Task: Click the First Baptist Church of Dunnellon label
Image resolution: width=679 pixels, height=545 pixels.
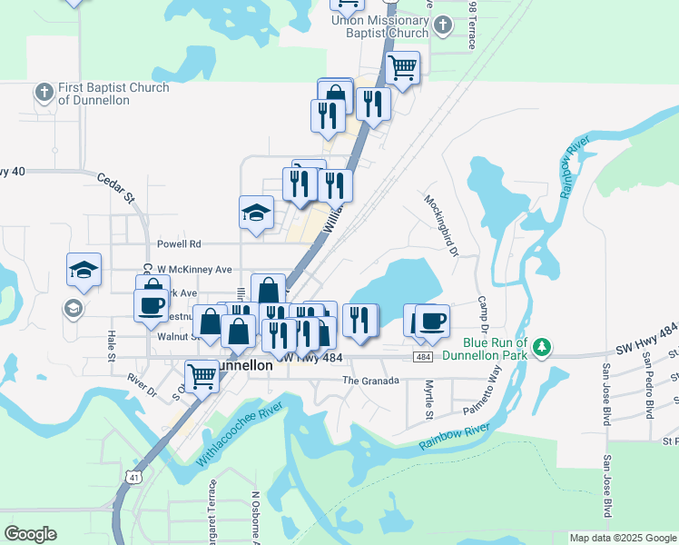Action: point(113,94)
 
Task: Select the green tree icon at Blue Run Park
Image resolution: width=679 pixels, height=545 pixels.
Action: point(542,347)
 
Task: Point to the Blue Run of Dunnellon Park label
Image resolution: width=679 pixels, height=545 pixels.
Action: point(496,349)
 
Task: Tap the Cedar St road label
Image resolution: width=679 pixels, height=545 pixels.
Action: point(115,184)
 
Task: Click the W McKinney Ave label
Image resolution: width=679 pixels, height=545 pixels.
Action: point(194,270)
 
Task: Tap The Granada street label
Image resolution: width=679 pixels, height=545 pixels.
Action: point(369,381)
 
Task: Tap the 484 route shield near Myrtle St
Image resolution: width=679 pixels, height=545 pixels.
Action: point(424,357)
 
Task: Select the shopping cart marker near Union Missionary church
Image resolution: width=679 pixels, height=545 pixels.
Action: point(402,66)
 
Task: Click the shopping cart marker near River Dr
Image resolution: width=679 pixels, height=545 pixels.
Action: point(201,375)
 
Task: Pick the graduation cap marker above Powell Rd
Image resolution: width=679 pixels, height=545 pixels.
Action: point(257,213)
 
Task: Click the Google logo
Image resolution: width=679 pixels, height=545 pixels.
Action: point(30,534)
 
